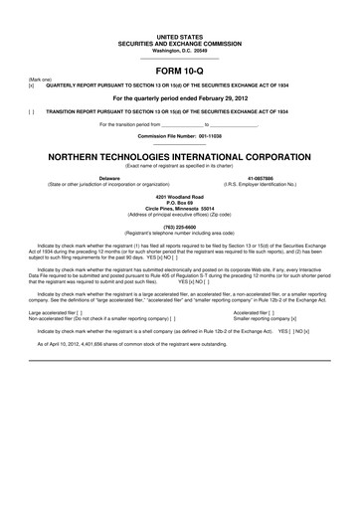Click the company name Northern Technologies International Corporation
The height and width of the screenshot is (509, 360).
pos(180,157)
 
